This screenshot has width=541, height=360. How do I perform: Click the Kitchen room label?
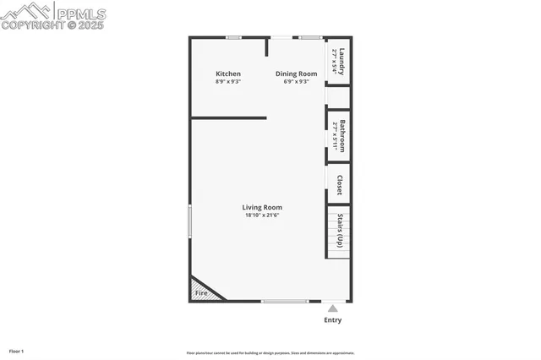(x=228, y=74)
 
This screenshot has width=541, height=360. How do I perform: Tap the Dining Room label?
(x=296, y=74)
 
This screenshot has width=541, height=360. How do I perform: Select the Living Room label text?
(x=262, y=207)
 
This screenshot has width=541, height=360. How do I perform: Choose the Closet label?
(x=340, y=185)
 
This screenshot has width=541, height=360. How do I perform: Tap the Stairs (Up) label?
(x=340, y=230)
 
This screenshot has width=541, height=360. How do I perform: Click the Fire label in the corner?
(x=201, y=293)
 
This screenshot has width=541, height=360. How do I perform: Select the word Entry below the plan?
(x=333, y=320)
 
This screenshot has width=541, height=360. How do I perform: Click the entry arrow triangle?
(x=333, y=308)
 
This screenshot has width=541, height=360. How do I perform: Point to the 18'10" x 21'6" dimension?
(x=262, y=215)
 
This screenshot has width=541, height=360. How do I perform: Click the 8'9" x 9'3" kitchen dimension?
(x=228, y=82)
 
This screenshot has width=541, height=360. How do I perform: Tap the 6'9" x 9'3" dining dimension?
(x=296, y=82)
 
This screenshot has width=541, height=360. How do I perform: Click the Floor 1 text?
(x=17, y=351)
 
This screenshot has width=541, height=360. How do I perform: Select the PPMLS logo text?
(x=79, y=14)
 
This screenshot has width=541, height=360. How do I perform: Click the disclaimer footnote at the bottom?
(x=270, y=353)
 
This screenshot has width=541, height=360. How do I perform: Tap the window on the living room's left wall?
(x=189, y=221)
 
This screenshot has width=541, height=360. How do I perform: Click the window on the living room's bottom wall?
(x=285, y=301)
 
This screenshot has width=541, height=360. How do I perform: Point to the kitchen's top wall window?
(x=233, y=37)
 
